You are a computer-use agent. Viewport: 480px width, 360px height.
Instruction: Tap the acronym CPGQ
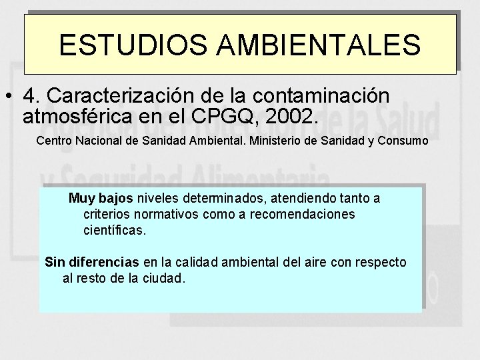tap(227, 117)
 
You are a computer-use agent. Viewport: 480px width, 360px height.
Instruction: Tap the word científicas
tap(115, 231)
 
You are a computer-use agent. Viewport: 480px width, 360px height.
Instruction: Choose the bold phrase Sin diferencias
tap(92, 262)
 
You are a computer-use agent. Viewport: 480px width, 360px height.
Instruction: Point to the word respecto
tap(382, 262)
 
